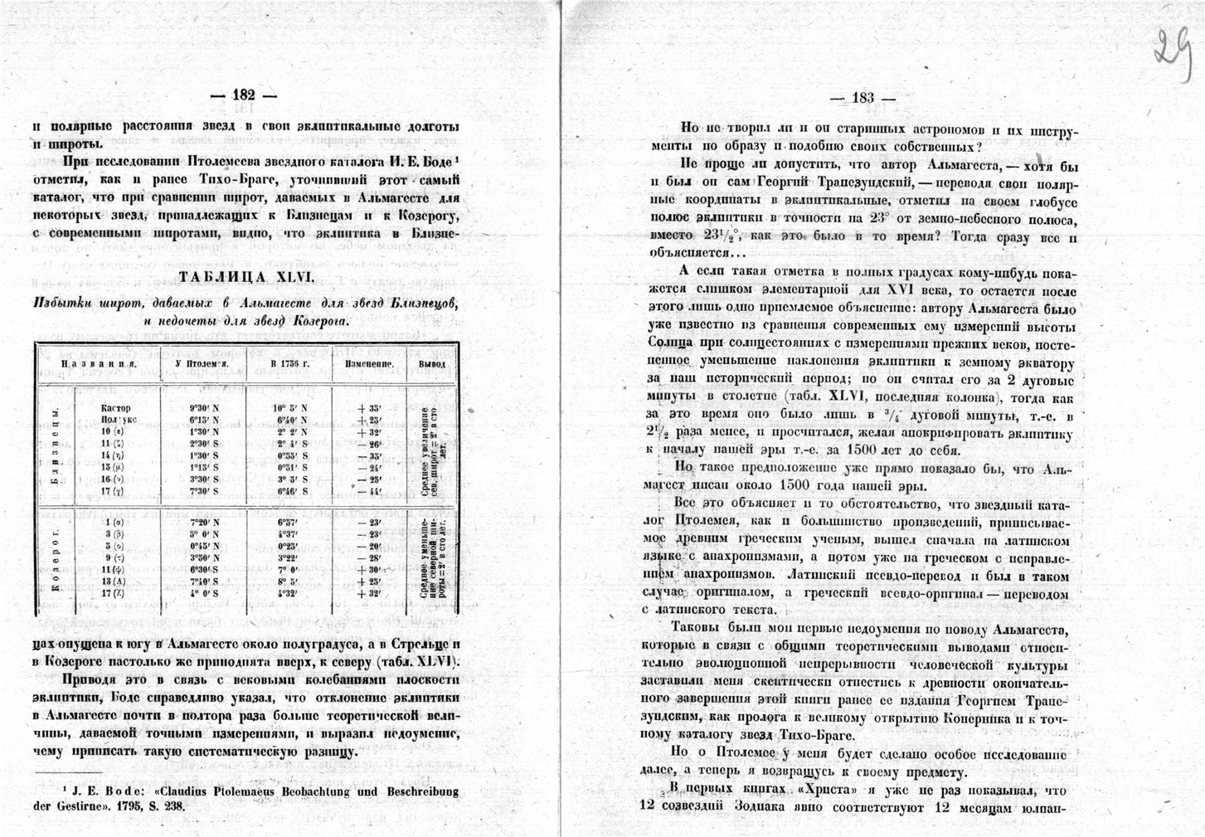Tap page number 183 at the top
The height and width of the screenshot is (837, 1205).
click(862, 98)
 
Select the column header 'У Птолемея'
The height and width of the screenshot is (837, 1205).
click(202, 363)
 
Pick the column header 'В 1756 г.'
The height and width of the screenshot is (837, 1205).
click(289, 363)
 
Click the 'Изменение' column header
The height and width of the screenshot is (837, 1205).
click(369, 363)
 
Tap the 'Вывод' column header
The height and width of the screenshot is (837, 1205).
click(431, 363)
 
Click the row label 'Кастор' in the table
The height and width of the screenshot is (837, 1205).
click(116, 408)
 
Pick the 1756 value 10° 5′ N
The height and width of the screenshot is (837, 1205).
click(289, 408)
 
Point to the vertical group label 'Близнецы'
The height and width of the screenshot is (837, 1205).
click(56, 448)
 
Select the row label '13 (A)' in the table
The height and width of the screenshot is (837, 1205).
click(113, 582)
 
